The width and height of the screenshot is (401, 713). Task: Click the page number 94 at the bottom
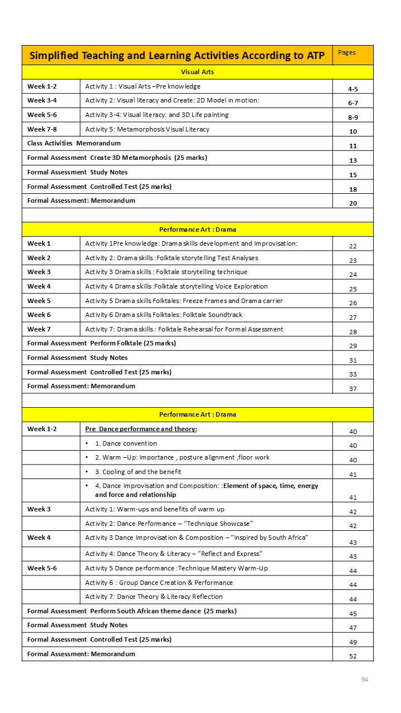(x=365, y=680)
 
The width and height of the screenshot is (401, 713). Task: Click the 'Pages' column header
(x=347, y=53)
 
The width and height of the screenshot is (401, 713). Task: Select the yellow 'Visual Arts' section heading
(x=197, y=72)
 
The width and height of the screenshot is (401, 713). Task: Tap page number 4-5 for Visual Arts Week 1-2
(x=353, y=89)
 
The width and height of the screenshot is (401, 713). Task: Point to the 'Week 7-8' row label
(x=42, y=129)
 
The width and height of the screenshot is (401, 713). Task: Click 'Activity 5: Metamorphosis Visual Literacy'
(x=147, y=129)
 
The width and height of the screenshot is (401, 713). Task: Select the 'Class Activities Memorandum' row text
(x=74, y=144)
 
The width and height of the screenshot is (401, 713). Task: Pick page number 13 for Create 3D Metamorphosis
(x=353, y=160)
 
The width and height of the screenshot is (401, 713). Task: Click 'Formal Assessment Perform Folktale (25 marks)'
(x=101, y=343)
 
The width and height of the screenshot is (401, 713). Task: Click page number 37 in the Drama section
(x=353, y=389)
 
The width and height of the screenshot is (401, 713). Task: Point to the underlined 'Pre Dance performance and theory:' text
(x=141, y=429)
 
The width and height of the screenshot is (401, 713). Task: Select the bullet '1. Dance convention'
(x=126, y=443)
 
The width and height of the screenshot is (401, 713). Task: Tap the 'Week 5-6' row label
(x=42, y=568)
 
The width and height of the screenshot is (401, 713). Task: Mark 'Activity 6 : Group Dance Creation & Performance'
(x=159, y=583)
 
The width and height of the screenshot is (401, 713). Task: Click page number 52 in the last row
(x=353, y=656)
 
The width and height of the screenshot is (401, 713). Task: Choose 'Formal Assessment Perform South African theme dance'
(x=131, y=611)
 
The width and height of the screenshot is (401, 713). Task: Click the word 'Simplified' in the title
(x=53, y=55)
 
